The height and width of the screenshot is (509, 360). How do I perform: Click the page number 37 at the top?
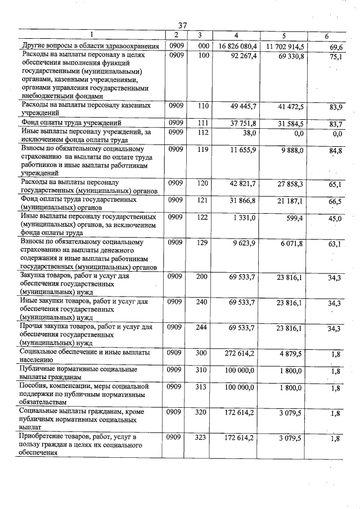pyautogui.click(x=182, y=25)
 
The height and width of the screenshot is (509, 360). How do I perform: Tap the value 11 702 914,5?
pyautogui.click(x=285, y=46)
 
